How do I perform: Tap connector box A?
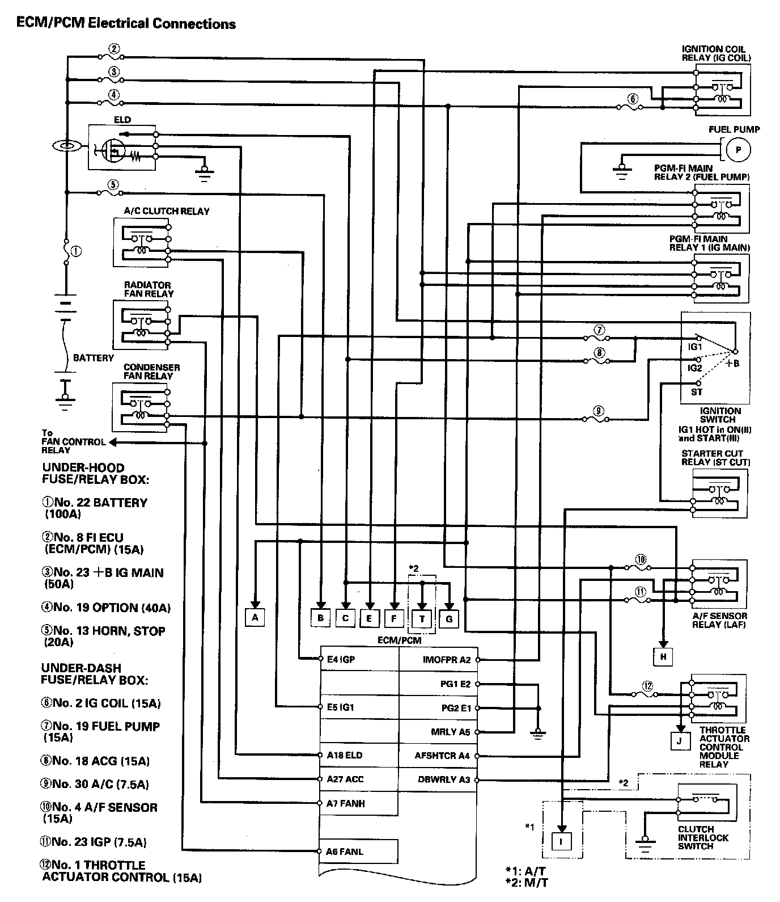(255, 617)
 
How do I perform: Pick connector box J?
(680, 740)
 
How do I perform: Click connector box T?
(422, 618)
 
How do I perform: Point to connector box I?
(561, 842)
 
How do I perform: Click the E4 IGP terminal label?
(341, 660)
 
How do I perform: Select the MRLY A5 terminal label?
(450, 732)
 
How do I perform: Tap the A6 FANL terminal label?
(345, 852)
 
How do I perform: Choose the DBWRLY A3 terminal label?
(444, 779)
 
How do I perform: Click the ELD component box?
(122, 146)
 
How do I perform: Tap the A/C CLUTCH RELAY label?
(167, 211)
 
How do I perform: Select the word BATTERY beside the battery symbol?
(94, 358)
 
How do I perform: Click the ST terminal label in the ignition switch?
(697, 391)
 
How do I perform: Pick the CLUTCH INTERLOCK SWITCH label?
(703, 837)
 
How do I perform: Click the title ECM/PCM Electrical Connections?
(126, 23)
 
